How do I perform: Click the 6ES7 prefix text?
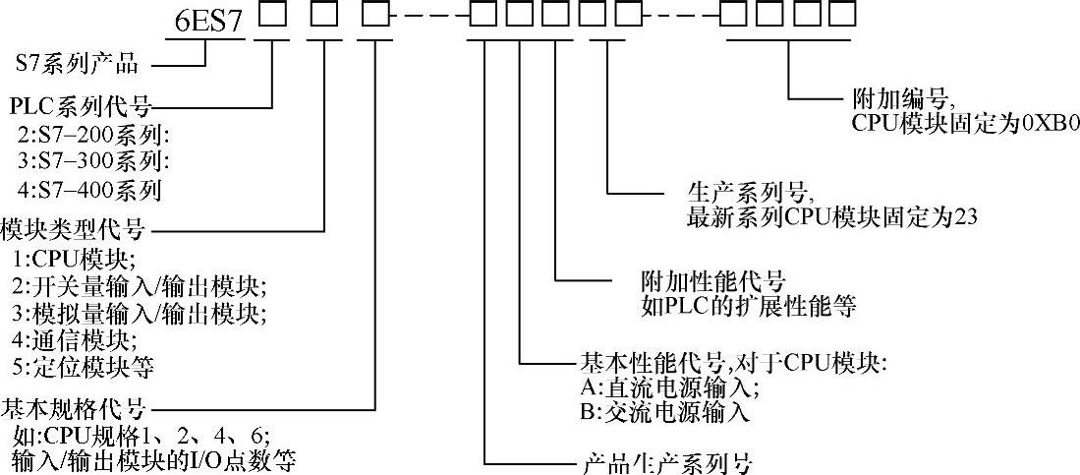click(x=202, y=20)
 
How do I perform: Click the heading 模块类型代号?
click(x=74, y=230)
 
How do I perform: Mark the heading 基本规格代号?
click(x=74, y=406)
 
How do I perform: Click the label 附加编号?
click(x=899, y=99)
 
